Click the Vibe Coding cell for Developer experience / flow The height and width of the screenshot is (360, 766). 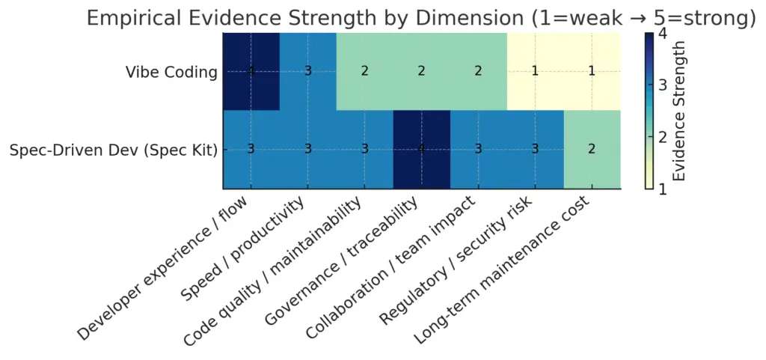pyautogui.click(x=251, y=71)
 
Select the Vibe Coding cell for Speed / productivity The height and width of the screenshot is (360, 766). pyautogui.click(x=308, y=71)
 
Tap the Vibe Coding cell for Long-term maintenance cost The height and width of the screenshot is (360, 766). pyautogui.click(x=592, y=71)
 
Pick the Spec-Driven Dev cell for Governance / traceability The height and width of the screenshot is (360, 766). pyautogui.click(x=421, y=149)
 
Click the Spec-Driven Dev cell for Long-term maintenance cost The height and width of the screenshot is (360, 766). pyautogui.click(x=592, y=149)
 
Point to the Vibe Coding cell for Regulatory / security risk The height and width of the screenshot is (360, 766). pyautogui.click(x=535, y=71)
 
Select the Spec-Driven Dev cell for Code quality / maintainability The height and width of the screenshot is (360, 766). pyautogui.click(x=364, y=149)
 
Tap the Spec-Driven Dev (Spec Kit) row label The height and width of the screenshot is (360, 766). pyautogui.click(x=114, y=150)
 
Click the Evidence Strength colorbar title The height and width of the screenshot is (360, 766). pyautogui.click(x=679, y=111)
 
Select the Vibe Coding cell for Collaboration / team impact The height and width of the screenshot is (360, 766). pyautogui.click(x=478, y=71)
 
